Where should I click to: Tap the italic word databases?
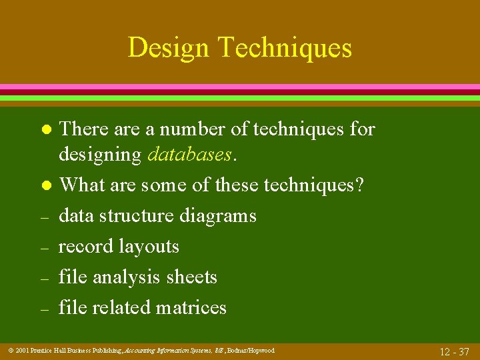190,155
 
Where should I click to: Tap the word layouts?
149,247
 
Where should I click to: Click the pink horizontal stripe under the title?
240,87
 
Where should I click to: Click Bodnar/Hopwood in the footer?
251,351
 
